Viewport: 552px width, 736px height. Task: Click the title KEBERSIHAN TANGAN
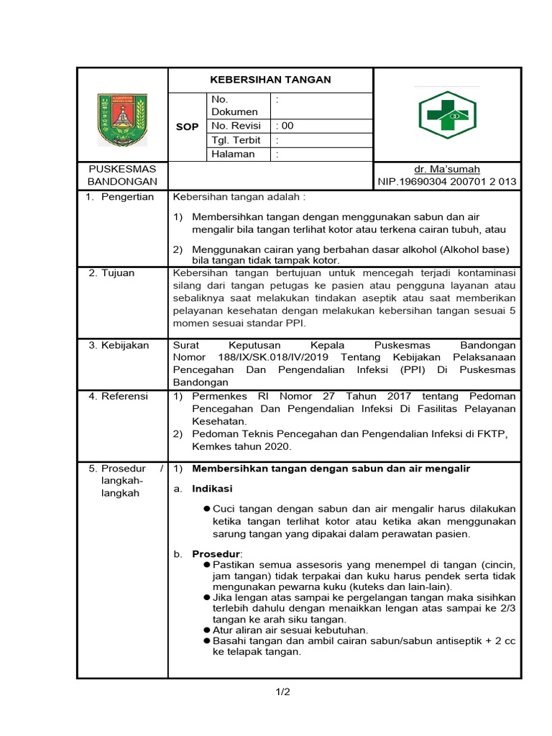(x=270, y=80)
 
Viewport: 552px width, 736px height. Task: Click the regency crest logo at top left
(x=122, y=119)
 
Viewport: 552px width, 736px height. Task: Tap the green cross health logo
(x=447, y=115)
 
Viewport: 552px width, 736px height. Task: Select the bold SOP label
(x=187, y=126)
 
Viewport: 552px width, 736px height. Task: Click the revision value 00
(x=287, y=126)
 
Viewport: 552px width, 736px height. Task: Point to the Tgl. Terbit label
(x=236, y=140)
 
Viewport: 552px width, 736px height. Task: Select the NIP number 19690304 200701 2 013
(x=447, y=182)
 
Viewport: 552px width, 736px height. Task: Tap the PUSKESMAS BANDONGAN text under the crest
(x=121, y=175)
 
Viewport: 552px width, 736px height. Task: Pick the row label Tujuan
(x=119, y=273)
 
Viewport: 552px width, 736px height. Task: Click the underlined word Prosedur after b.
(x=216, y=553)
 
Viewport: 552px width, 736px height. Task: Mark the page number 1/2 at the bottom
(x=282, y=692)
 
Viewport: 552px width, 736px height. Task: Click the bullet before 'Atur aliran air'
(x=206, y=630)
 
